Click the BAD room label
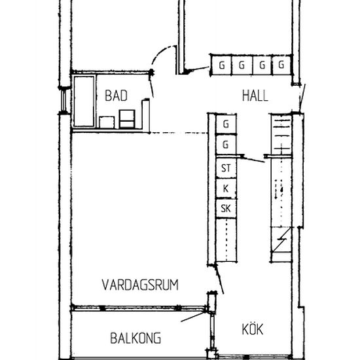(116, 96)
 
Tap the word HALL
(255, 96)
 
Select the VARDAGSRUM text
(141, 284)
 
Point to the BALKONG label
(135, 339)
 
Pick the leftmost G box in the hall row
(222, 65)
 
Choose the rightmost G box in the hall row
(281, 65)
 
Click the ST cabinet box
(226, 168)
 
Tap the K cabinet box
(226, 189)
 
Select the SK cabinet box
(226, 209)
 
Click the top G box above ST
(226, 124)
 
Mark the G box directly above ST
(226, 144)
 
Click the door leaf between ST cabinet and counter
(252, 159)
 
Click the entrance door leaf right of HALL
(301, 98)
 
